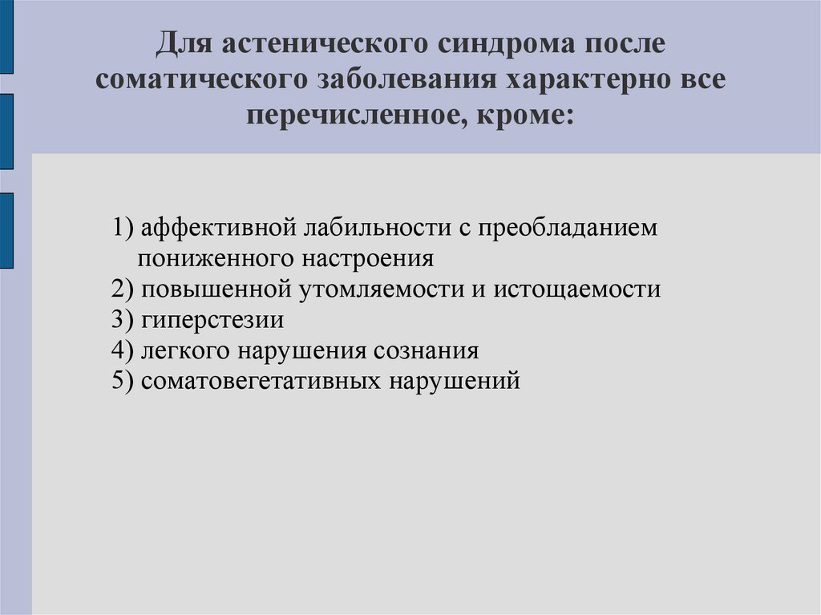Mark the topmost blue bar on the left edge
[x=6, y=36]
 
